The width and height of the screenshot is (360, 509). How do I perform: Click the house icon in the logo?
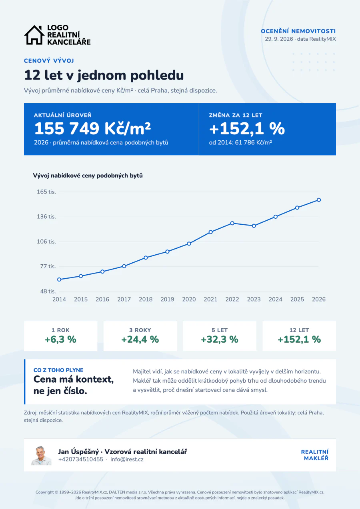tap(34, 35)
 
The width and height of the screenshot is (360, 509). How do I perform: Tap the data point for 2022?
tap(232, 223)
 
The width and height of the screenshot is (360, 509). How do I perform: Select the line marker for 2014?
tap(59, 279)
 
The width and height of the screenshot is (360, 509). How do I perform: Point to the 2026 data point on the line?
tap(319, 200)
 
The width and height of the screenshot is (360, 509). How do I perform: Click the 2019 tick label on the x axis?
tap(167, 299)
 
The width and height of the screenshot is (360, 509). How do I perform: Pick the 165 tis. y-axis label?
tap(46, 192)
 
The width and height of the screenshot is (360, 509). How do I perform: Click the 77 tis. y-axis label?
tap(48, 266)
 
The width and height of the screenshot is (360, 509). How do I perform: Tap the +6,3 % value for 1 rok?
tap(60, 339)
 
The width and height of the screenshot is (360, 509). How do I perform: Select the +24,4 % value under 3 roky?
tap(140, 339)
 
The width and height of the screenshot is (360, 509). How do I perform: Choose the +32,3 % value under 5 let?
tap(220, 339)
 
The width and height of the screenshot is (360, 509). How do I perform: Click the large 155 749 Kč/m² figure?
tap(92, 128)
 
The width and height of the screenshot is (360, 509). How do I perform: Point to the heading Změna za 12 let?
tap(236, 115)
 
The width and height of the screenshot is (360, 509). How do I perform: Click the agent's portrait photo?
tap(41, 455)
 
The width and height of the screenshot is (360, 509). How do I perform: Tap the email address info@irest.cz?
tap(127, 459)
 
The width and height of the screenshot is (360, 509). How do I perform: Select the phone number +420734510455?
tap(81, 459)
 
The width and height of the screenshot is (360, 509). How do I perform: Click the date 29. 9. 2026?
tap(279, 39)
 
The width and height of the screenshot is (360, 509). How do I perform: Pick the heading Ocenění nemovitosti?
tap(298, 31)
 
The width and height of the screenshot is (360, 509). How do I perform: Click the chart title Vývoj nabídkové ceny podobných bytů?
tap(88, 176)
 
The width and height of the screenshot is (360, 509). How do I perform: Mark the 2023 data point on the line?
tap(254, 226)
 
